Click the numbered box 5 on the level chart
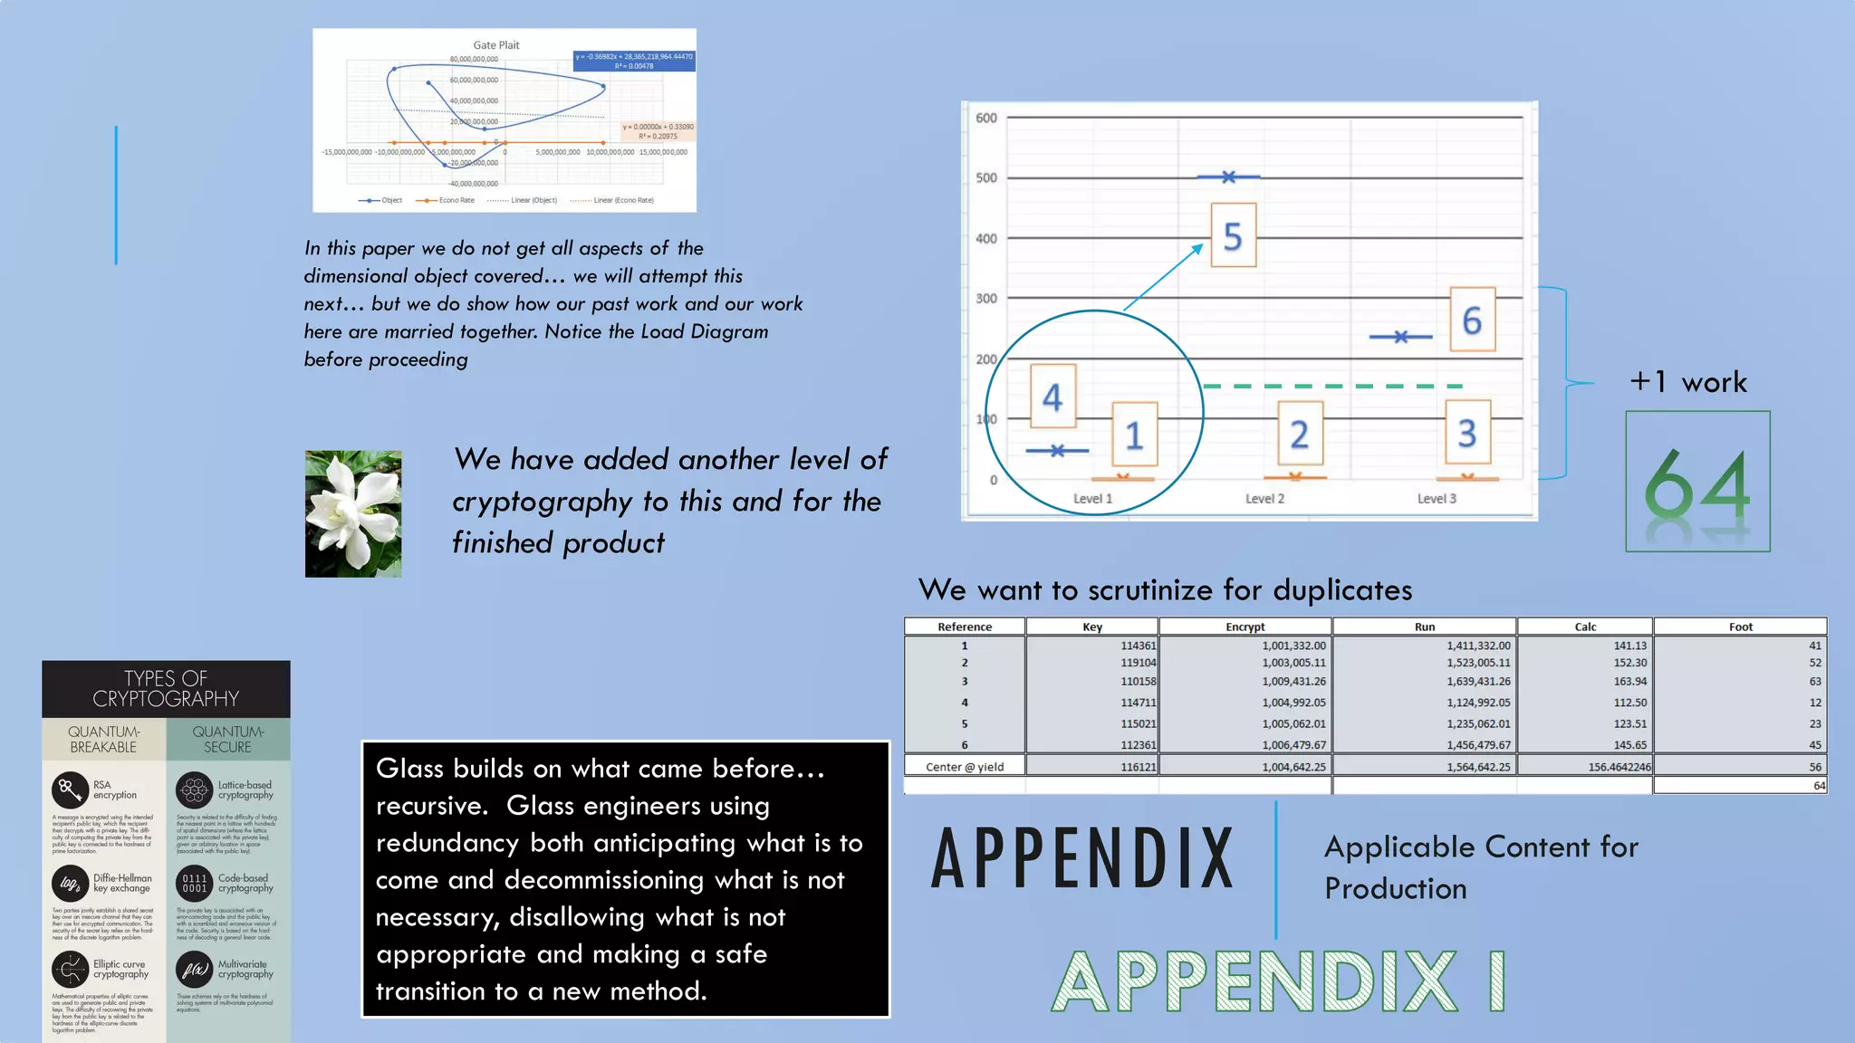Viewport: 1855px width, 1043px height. [1233, 235]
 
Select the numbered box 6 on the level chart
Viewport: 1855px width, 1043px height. [1472, 320]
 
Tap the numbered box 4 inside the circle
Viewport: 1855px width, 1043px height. [1052, 397]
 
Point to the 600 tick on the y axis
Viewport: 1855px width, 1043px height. [986, 118]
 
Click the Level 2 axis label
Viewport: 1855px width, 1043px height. [1264, 499]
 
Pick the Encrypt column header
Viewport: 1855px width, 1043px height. [1245, 627]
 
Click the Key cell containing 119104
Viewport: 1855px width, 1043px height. [1138, 663]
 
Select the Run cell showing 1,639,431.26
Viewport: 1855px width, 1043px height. [1478, 682]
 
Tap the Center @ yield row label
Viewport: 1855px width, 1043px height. [965, 767]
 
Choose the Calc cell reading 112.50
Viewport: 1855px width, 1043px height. [1629, 703]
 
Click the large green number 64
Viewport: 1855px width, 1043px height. [1697, 484]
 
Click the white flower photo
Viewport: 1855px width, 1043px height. [353, 513]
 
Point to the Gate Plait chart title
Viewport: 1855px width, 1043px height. [496, 45]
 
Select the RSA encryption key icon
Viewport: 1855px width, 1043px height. [70, 789]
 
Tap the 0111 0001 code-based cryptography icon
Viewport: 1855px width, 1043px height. [194, 883]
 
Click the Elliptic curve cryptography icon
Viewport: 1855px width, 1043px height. [70, 970]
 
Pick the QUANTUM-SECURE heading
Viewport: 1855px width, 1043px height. [228, 739]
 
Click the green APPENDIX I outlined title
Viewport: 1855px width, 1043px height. [1278, 981]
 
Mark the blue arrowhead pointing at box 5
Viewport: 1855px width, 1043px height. [1199, 247]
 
